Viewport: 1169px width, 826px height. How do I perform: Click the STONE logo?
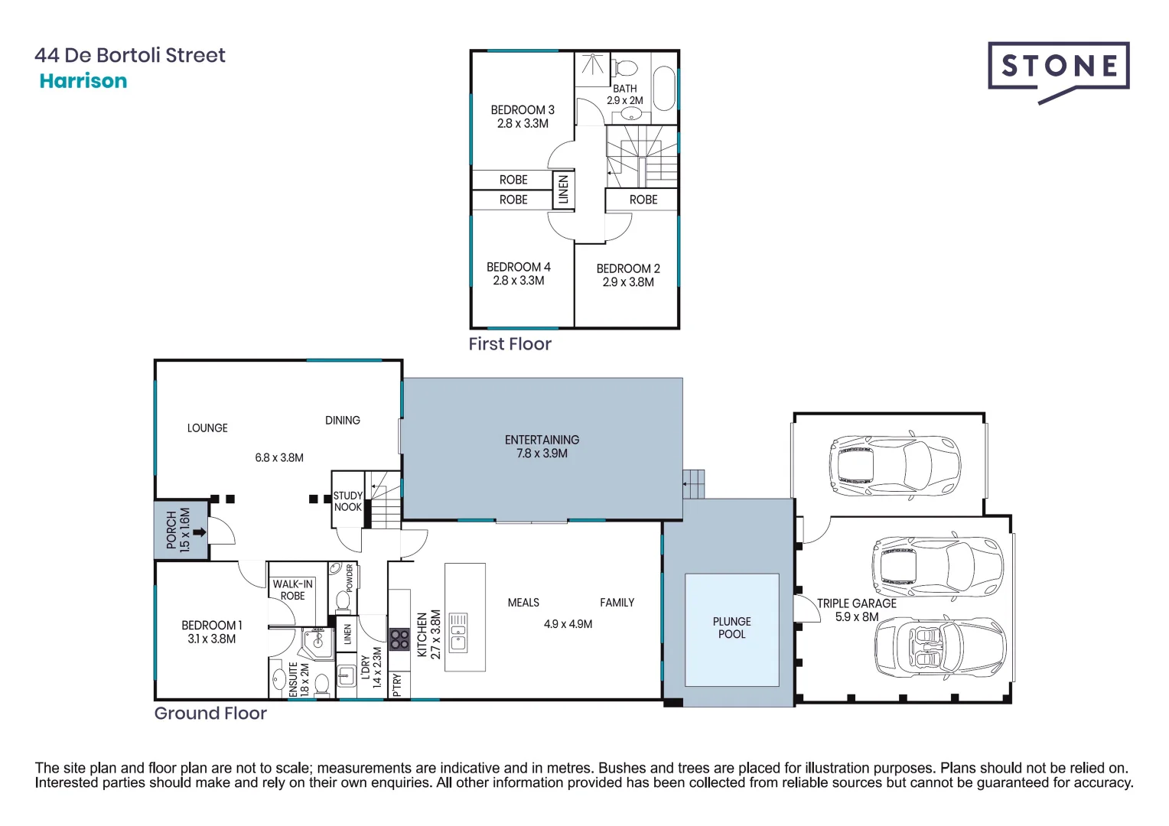tap(1058, 67)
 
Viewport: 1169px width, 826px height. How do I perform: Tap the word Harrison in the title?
tap(83, 81)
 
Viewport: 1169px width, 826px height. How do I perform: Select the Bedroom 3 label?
tap(523, 110)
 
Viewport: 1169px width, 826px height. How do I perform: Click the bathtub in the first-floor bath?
tap(663, 89)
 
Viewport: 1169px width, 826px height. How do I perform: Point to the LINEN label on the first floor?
tap(564, 190)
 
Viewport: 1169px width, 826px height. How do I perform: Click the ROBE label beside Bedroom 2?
tap(643, 200)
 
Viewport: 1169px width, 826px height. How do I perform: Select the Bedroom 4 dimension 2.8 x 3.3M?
tap(519, 281)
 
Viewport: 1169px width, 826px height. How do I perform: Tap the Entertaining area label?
tap(542, 440)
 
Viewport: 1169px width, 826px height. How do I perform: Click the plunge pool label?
tap(731, 628)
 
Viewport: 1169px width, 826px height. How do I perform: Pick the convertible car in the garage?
tap(939, 648)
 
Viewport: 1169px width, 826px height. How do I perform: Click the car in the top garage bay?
tap(894, 466)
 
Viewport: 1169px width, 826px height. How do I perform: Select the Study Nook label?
tap(347, 502)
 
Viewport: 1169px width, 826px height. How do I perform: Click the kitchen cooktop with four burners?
tap(399, 639)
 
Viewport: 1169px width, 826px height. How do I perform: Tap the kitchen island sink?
tap(458, 633)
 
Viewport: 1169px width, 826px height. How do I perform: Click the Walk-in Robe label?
tap(292, 590)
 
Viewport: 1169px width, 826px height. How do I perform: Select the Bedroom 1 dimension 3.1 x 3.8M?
tap(211, 639)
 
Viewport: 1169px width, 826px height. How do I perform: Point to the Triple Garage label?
tap(856, 603)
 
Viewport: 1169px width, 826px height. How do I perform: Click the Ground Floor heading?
tap(210, 714)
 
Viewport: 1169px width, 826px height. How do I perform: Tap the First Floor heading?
tap(510, 344)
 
